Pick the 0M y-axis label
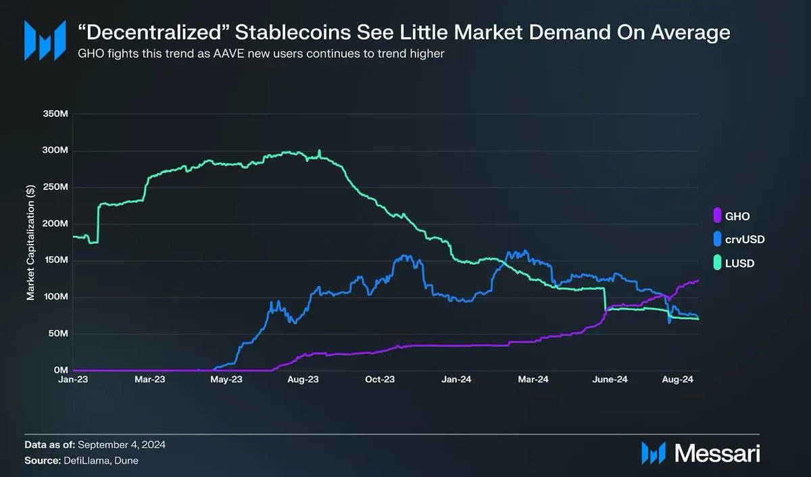click(x=59, y=371)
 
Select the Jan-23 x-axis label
click(x=73, y=380)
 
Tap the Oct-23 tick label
click(x=380, y=380)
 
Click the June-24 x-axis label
click(x=610, y=380)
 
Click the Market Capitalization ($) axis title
click(x=30, y=242)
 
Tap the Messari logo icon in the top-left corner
click(x=45, y=40)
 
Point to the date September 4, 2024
click(x=122, y=445)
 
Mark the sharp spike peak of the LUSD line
click(x=319, y=150)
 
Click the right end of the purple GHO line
click(x=698, y=280)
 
